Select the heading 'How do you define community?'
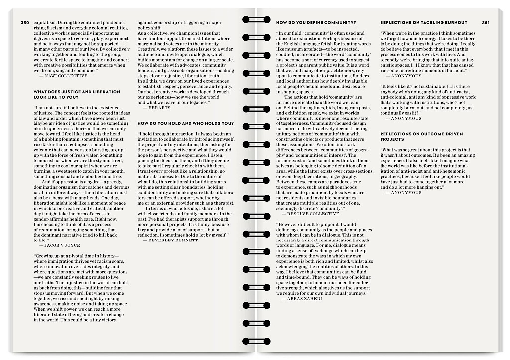click(x=316, y=23)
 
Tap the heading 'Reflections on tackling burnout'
click(x=423, y=23)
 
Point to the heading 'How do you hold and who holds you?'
click(x=185, y=123)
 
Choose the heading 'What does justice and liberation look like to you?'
click(x=77, y=95)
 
